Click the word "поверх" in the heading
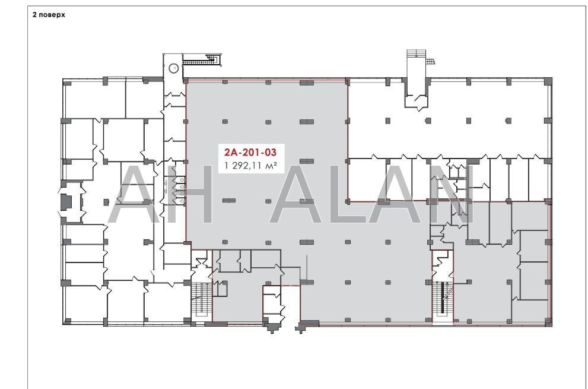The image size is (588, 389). click(x=52, y=15)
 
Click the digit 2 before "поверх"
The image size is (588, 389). click(x=34, y=15)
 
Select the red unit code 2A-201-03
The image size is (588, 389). click(x=250, y=152)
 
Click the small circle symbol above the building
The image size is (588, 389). click(x=173, y=68)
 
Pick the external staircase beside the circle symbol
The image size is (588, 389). click(x=201, y=59)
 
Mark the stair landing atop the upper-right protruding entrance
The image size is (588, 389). click(x=417, y=53)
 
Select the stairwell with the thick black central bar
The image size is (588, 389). click(x=443, y=301)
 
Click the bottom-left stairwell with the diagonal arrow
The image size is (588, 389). click(x=202, y=301)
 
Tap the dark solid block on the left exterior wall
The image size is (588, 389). click(x=66, y=202)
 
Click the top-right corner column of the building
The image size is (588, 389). click(x=548, y=81)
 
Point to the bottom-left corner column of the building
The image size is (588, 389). click(x=67, y=321)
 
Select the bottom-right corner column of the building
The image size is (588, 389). click(x=548, y=322)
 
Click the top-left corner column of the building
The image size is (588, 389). click(x=65, y=81)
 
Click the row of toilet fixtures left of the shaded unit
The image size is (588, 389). click(x=181, y=191)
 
